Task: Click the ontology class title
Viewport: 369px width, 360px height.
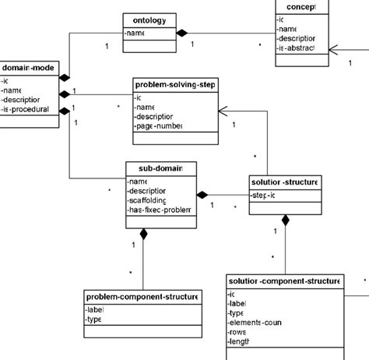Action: (149, 21)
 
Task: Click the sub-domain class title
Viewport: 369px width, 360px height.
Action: (160, 168)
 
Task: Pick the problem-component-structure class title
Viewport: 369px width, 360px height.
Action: (142, 296)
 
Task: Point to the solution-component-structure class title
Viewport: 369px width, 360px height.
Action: (284, 281)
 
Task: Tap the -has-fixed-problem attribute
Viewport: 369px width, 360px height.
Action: (159, 210)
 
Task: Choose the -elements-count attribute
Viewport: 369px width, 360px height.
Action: (255, 322)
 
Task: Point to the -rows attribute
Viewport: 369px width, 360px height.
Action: (237, 332)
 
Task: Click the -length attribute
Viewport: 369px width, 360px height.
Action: (240, 342)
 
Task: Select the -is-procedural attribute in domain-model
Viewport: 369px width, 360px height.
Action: (27, 110)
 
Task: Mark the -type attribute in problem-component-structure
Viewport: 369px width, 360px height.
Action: (95, 319)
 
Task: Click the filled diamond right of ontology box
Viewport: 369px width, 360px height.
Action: (182, 33)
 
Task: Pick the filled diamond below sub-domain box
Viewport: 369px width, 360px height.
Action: (143, 233)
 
